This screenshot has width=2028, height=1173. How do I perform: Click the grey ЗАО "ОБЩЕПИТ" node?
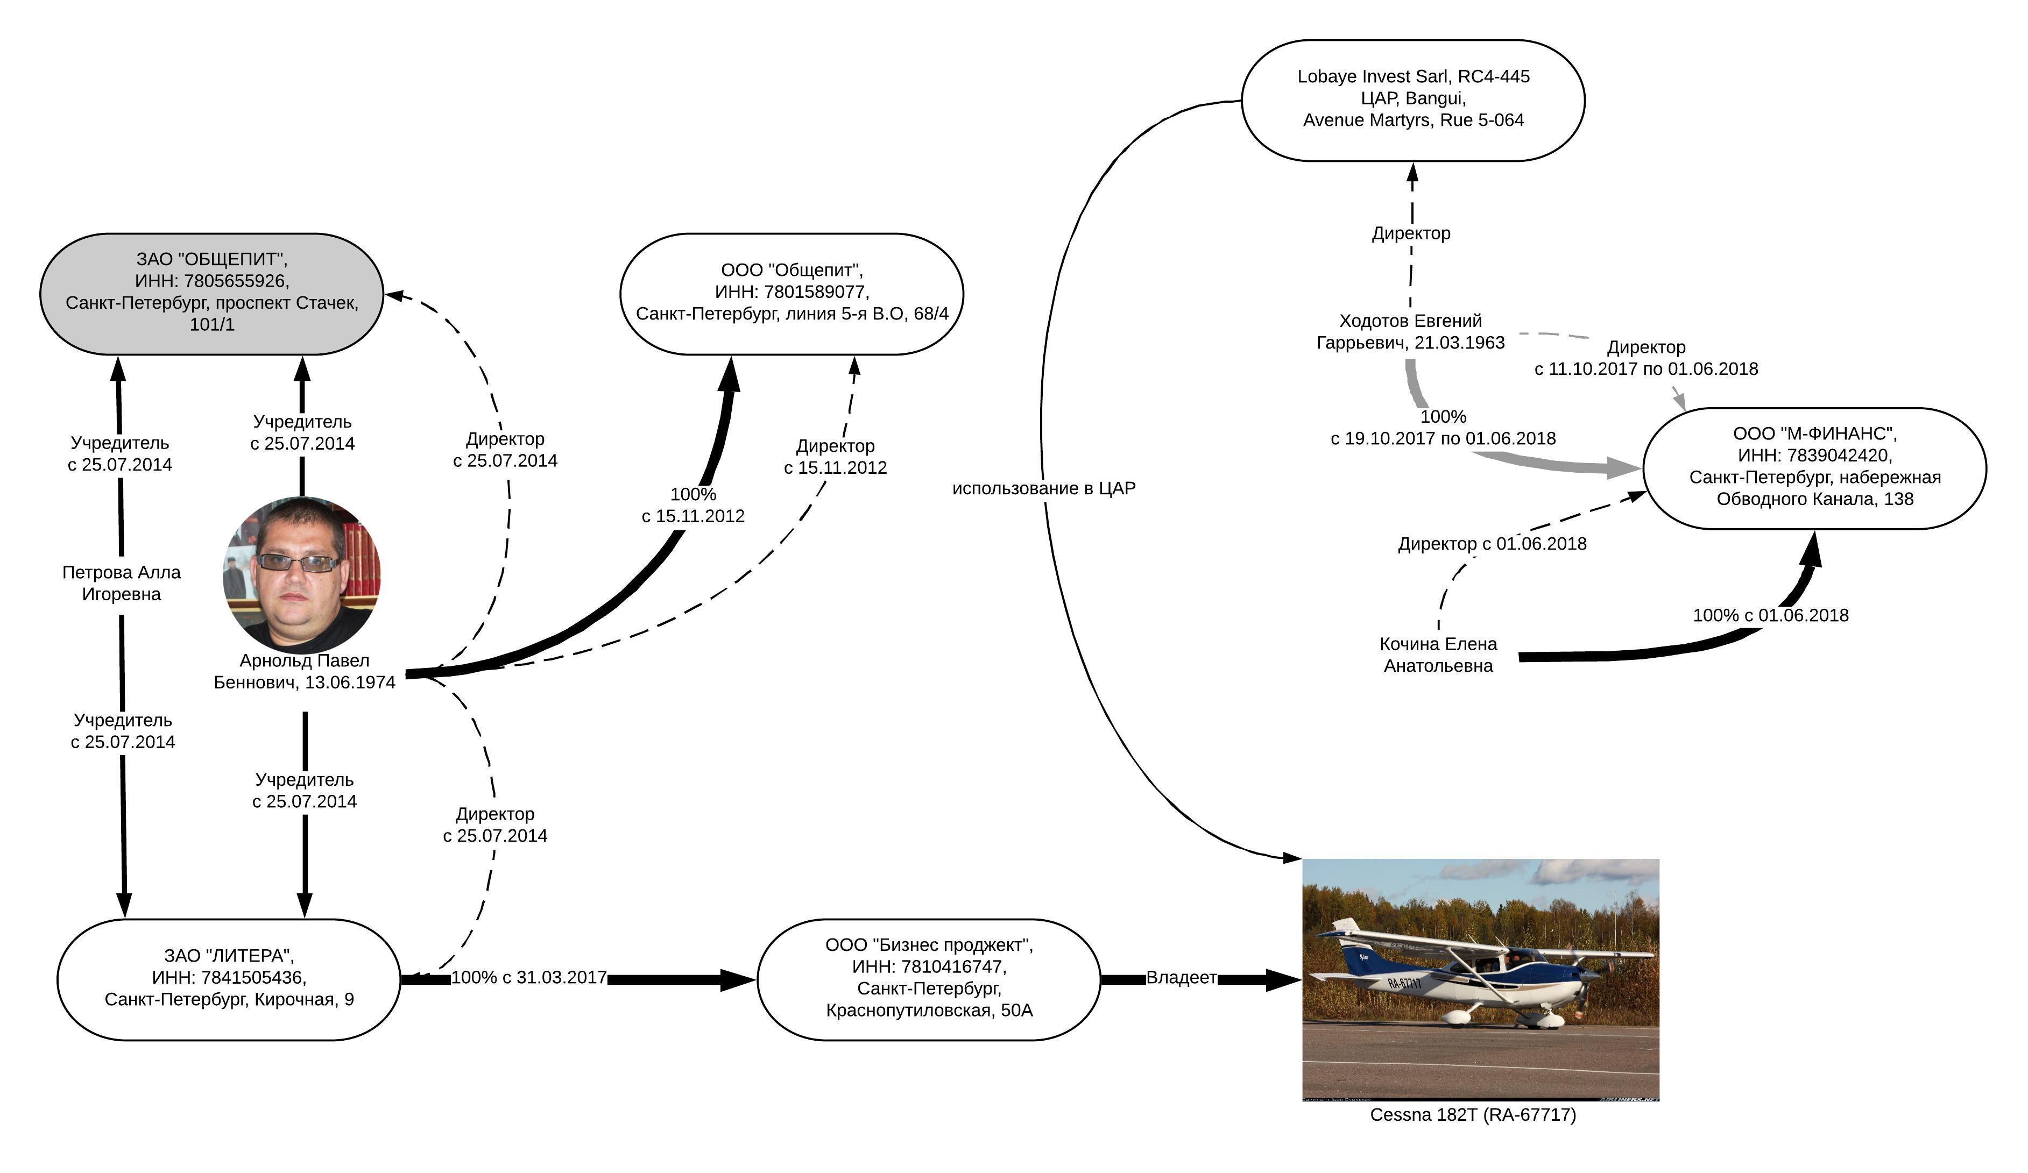(x=211, y=294)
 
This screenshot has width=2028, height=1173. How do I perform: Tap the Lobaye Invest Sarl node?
(x=1413, y=99)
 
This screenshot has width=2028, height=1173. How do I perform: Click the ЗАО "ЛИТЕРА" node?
(x=229, y=979)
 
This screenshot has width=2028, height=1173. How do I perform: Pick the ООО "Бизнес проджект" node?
(x=929, y=979)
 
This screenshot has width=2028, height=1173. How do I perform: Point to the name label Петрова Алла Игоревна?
(x=122, y=584)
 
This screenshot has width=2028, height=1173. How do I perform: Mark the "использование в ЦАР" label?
(x=1044, y=488)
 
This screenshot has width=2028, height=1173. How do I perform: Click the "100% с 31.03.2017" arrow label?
(x=529, y=978)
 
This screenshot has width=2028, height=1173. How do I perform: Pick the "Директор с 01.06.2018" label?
(x=1492, y=544)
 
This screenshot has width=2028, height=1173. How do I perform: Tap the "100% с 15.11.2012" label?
(x=693, y=505)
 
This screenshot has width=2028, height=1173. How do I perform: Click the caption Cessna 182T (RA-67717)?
(x=1473, y=1115)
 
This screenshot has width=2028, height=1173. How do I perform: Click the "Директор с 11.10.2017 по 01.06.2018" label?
(x=1646, y=358)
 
